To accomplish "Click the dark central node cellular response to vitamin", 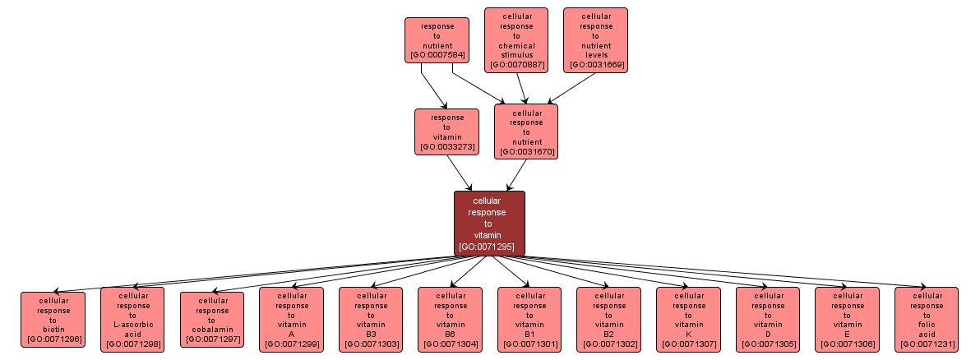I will click(489, 223).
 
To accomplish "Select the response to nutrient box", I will click(437, 40).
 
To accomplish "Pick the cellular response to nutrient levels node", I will click(595, 39).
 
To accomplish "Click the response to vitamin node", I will click(446, 132).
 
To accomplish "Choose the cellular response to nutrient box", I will click(526, 131).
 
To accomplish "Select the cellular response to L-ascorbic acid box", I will click(132, 319).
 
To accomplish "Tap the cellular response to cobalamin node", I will click(212, 319).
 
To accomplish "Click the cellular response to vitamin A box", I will click(291, 319).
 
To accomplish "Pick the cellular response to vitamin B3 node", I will click(371, 319).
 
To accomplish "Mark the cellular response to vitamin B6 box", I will click(450, 319).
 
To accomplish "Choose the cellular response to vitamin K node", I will click(688, 319).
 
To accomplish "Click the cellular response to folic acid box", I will click(927, 319).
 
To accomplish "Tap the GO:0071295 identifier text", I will click(489, 247).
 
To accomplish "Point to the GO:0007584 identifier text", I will click(437, 56).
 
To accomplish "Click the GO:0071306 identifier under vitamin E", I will click(847, 344).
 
